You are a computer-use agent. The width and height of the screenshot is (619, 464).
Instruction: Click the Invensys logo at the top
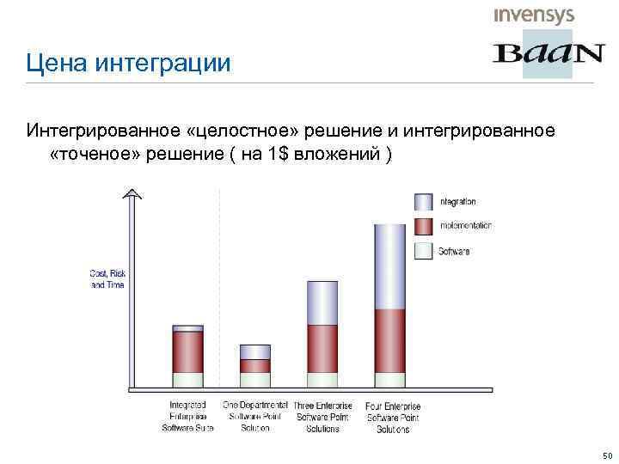click(533, 15)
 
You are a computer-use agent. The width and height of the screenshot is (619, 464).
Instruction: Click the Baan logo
click(548, 55)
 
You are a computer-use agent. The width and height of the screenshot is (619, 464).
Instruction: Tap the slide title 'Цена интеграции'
click(128, 63)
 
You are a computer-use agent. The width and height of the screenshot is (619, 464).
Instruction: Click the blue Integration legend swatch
click(424, 202)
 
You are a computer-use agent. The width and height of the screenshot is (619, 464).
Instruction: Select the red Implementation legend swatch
click(424, 226)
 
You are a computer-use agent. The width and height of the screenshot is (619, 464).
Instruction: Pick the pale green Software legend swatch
click(424, 251)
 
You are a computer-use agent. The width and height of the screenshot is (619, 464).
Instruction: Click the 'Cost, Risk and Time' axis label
click(107, 278)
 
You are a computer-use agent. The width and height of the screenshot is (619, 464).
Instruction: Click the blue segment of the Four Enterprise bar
click(389, 266)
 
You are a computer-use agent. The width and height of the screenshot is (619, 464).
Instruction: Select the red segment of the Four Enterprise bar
click(389, 340)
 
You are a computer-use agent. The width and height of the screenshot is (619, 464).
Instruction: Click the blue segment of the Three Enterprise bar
click(322, 302)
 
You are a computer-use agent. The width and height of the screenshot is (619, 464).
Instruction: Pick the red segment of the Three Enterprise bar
click(322, 348)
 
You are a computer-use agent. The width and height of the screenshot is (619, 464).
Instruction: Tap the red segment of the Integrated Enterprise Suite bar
click(187, 351)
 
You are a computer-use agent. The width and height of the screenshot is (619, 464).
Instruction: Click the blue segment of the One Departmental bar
click(254, 351)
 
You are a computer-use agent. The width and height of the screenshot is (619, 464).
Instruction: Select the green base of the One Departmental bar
click(254, 379)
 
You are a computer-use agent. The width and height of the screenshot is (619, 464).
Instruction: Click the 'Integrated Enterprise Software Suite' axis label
click(187, 416)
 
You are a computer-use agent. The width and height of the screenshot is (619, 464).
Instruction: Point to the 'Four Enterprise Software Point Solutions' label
click(393, 417)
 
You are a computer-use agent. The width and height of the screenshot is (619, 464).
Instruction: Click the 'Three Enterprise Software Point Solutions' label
click(323, 417)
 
